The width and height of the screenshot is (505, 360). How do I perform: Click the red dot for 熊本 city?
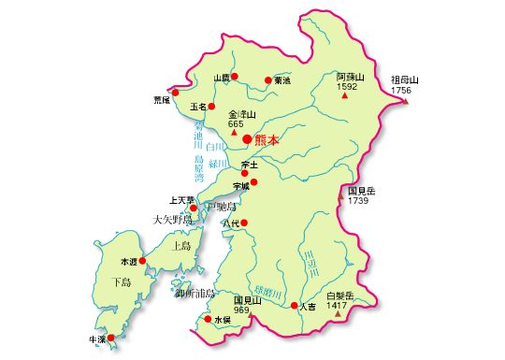pyautogui.click(x=247, y=139)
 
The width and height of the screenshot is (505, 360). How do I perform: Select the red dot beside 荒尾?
pyautogui.click(x=175, y=92)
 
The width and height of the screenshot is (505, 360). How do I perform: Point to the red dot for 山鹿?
pyautogui.click(x=235, y=76)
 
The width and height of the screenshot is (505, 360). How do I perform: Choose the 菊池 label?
pyautogui.click(x=282, y=81)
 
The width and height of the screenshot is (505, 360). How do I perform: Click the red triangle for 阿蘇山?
pyautogui.click(x=345, y=97)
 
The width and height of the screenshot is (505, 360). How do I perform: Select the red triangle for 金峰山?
pyautogui.click(x=234, y=133)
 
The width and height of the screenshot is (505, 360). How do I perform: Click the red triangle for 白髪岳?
pyautogui.click(x=337, y=314)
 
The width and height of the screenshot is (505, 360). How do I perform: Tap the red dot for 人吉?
pyautogui.click(x=294, y=306)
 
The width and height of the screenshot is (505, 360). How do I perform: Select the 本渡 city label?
pyautogui.click(x=128, y=261)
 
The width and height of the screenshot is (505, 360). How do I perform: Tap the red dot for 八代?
pyautogui.click(x=245, y=223)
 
